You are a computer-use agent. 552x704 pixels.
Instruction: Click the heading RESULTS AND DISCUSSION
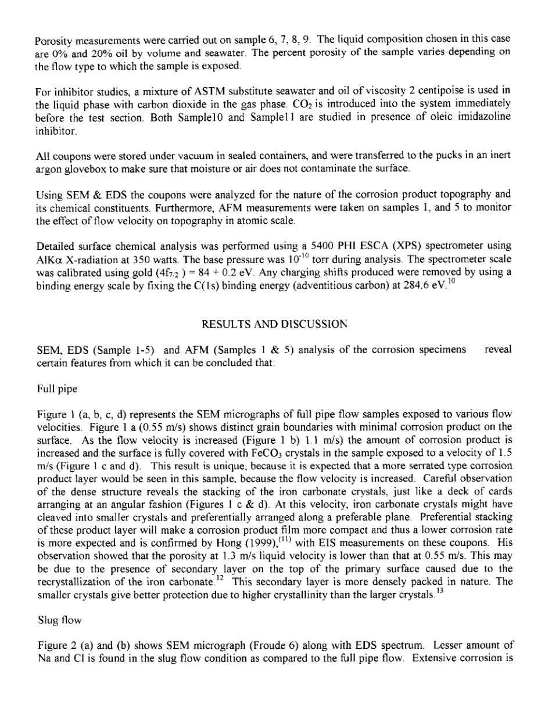[275, 326]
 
